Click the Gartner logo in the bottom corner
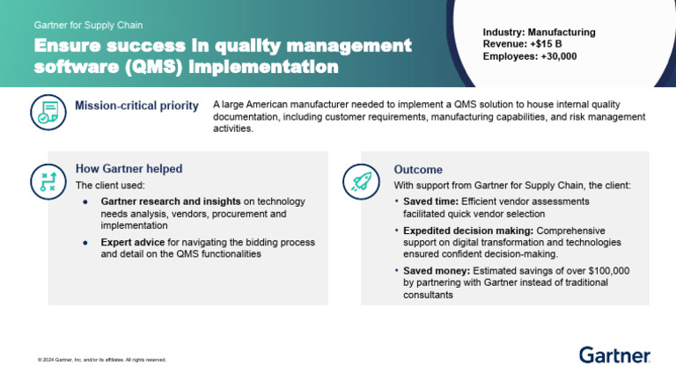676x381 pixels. point(614,355)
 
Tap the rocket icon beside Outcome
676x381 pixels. point(361,182)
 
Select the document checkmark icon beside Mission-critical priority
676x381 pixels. point(48,112)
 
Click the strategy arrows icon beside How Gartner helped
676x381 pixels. point(48,182)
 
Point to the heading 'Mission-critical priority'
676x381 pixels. point(136,106)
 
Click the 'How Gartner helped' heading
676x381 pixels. point(129,169)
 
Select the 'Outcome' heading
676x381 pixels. point(418,169)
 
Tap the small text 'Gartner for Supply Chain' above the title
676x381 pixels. point(88,25)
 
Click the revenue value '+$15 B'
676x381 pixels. point(546,44)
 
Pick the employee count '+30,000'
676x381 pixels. point(558,56)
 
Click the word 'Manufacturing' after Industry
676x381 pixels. point(562,33)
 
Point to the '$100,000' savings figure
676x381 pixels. point(609,271)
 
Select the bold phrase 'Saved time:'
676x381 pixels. point(430,201)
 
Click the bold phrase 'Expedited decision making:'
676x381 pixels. point(468,231)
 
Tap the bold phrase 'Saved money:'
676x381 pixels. point(437,271)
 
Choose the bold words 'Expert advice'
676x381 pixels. point(133,242)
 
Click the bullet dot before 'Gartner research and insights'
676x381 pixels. point(85,201)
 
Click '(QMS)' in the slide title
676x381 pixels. point(154,67)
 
